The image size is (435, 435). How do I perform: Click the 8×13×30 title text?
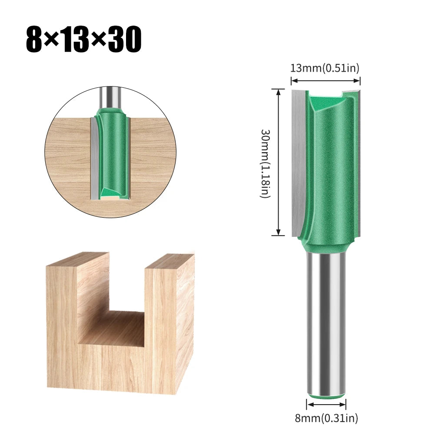point(83,40)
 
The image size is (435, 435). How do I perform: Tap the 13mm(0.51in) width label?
point(325,68)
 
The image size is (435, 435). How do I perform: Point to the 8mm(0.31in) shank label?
point(326,418)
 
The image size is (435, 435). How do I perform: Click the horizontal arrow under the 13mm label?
point(325,80)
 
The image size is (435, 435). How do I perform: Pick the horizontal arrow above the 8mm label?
point(326,405)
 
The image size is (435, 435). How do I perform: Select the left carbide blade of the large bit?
point(299,161)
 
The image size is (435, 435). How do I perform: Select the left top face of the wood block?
point(78,259)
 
